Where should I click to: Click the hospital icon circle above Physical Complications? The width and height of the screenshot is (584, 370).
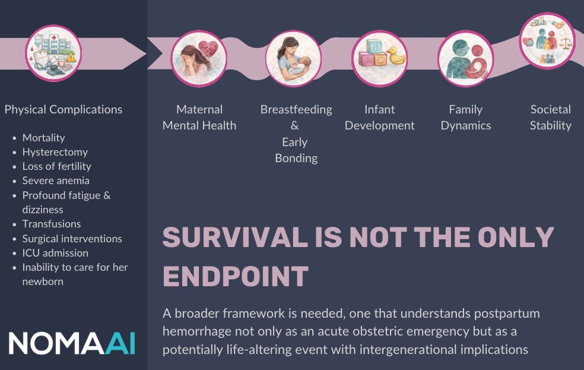tap(54, 53)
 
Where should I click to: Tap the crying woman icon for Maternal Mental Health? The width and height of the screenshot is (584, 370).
tap(199, 58)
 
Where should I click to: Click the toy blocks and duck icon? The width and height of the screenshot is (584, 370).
tap(379, 58)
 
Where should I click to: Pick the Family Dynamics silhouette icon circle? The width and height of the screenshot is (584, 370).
tap(465, 58)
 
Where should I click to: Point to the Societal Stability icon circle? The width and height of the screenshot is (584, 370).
tap(547, 41)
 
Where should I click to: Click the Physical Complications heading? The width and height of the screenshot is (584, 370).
tap(64, 109)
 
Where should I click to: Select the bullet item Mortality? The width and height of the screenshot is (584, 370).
tap(43, 137)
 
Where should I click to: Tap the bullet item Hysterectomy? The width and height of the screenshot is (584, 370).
tap(55, 152)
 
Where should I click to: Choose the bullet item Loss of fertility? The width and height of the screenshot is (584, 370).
tap(56, 166)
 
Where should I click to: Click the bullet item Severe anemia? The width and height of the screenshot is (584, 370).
tap(56, 181)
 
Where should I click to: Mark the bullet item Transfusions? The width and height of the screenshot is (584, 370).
tap(52, 224)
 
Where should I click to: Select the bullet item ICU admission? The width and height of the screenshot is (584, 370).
tap(55, 253)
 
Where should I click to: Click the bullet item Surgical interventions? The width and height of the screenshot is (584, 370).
tap(72, 239)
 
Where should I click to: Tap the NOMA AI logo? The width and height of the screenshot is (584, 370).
tap(72, 343)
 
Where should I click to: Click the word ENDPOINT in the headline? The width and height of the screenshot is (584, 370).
tap(236, 276)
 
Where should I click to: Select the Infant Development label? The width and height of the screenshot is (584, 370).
tap(379, 118)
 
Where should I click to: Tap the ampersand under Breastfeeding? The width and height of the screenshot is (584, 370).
tap(295, 125)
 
